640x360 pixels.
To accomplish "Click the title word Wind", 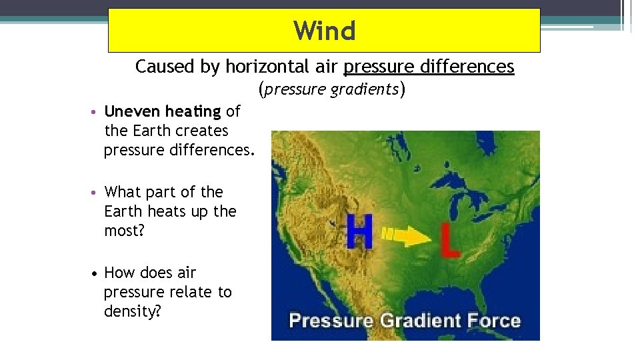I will click(x=325, y=31).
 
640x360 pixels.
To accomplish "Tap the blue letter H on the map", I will click(x=359, y=233).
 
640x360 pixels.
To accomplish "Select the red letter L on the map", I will click(x=450, y=241).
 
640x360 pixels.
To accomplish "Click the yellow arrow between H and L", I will click(x=407, y=235).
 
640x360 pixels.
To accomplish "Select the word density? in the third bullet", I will click(x=133, y=311).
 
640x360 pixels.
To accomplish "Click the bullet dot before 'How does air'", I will click(x=97, y=273).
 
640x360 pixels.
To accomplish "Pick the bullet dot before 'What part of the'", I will click(x=97, y=193).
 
